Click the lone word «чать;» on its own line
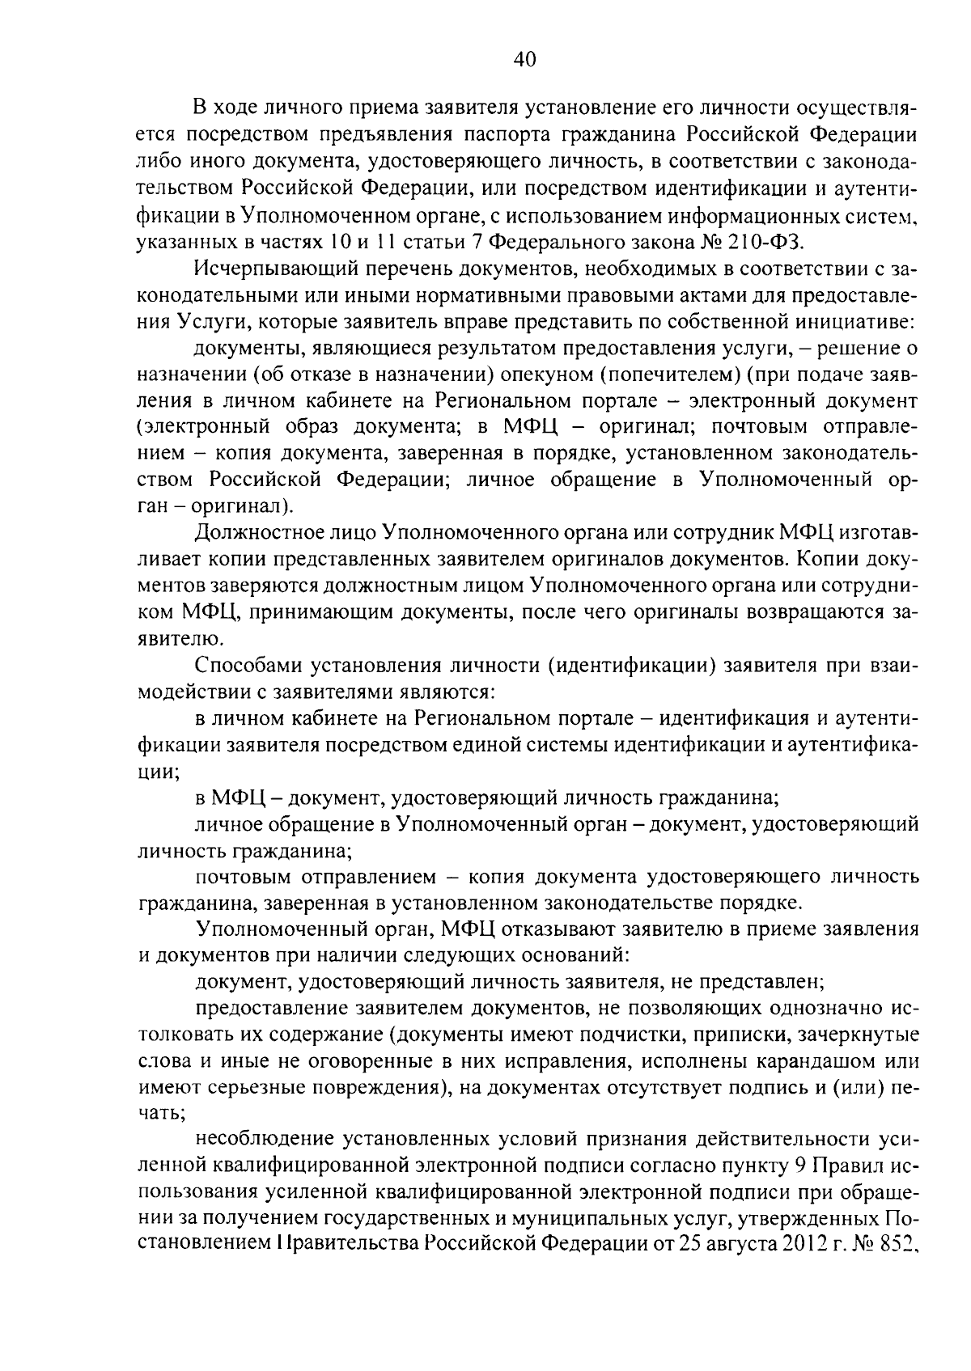[162, 1114]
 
